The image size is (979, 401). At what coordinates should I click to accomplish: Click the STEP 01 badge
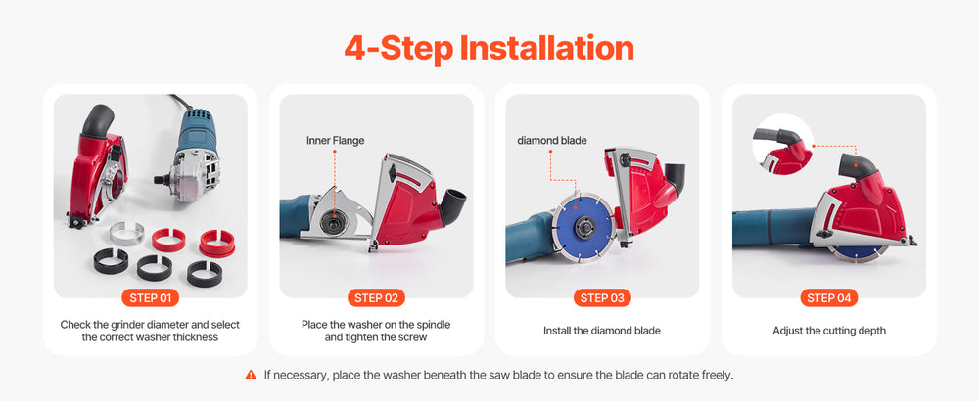click(150, 297)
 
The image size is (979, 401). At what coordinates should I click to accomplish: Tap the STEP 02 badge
click(376, 297)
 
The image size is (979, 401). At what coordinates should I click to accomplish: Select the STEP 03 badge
click(602, 297)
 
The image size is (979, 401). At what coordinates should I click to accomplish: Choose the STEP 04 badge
click(828, 297)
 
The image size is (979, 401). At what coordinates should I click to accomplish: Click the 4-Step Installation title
click(489, 48)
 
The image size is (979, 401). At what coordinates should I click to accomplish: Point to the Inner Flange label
click(335, 141)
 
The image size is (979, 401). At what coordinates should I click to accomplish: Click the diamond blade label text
click(552, 141)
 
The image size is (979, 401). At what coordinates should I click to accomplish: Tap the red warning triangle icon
click(251, 375)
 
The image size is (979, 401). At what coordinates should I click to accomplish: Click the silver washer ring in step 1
click(126, 233)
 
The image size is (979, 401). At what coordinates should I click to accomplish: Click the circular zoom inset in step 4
click(782, 145)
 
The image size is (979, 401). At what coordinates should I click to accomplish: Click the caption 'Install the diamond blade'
click(602, 331)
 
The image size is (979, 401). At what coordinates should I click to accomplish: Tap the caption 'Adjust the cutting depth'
click(828, 331)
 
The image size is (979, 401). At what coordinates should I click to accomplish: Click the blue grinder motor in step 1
click(198, 131)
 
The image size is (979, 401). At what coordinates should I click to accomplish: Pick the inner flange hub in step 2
click(335, 220)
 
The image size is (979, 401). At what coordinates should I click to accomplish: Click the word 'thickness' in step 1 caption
click(196, 337)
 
